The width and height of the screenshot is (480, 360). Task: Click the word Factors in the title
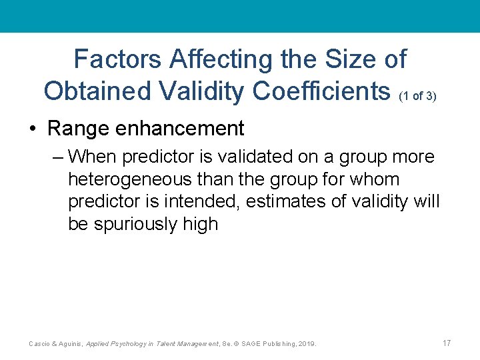point(117,59)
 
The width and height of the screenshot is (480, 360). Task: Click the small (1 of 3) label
point(418,96)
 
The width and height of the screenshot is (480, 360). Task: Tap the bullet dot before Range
point(33,128)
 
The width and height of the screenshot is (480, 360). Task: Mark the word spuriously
point(135,224)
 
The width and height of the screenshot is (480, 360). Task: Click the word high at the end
point(200,224)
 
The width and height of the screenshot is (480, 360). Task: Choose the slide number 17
point(447,343)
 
